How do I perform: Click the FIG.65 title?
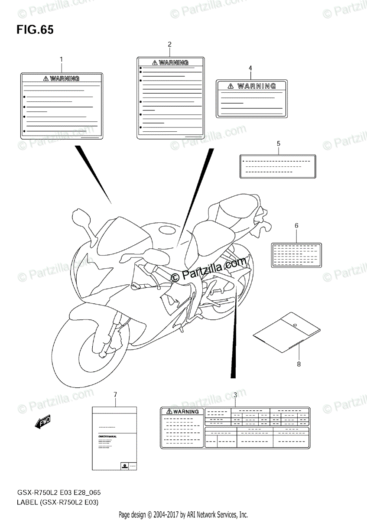click(35, 30)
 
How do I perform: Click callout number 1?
click(61, 59)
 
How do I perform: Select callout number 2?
click(169, 44)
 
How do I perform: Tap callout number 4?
click(250, 68)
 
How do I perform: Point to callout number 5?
click(278, 143)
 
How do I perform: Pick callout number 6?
click(296, 225)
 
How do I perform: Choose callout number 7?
click(115, 394)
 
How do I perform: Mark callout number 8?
click(299, 364)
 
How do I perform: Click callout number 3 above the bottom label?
click(235, 395)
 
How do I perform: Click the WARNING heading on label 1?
click(62, 78)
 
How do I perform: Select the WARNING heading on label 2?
click(170, 63)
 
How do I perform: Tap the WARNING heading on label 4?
click(252, 86)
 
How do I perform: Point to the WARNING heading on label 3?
click(182, 412)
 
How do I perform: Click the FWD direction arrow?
click(43, 422)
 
